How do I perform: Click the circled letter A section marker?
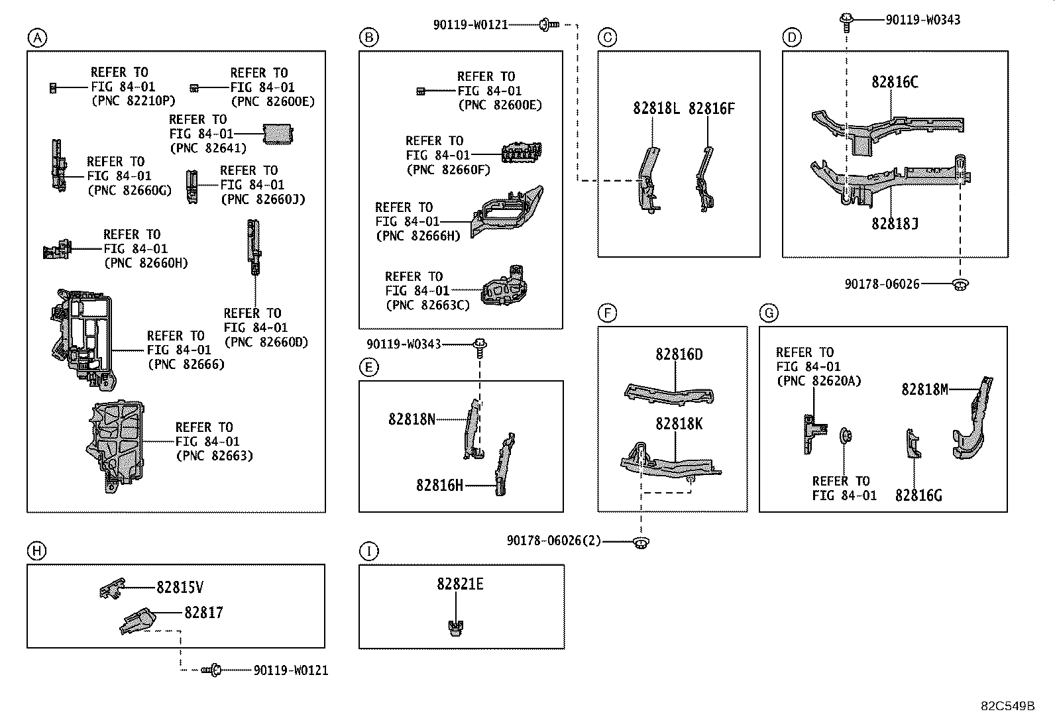37,38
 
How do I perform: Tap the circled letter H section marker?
37,550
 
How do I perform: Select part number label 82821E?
460,584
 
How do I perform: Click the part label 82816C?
895,82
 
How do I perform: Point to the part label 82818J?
895,224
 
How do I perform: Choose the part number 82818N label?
412,419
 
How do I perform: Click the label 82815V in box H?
180,587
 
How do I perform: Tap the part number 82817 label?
203,613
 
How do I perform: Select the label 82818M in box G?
924,390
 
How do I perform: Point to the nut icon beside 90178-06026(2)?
639,542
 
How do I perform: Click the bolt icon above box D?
846,20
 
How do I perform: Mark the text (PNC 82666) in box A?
186,364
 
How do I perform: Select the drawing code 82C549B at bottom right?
1007,706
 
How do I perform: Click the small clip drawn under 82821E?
455,627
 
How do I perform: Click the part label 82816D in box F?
679,354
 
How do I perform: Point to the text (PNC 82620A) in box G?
819,381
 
